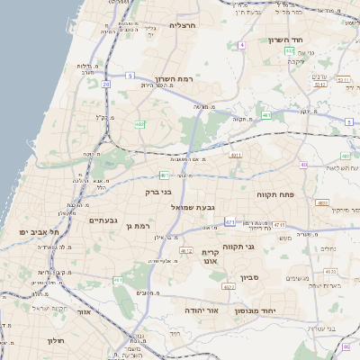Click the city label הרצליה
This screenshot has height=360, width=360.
(x=183, y=25)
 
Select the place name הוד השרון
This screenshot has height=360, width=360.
(x=287, y=40)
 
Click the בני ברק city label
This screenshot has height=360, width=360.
(x=157, y=192)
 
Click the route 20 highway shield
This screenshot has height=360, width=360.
(x=105, y=84)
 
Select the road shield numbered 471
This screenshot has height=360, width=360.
(x=230, y=221)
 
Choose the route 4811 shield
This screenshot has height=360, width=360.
(x=235, y=155)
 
